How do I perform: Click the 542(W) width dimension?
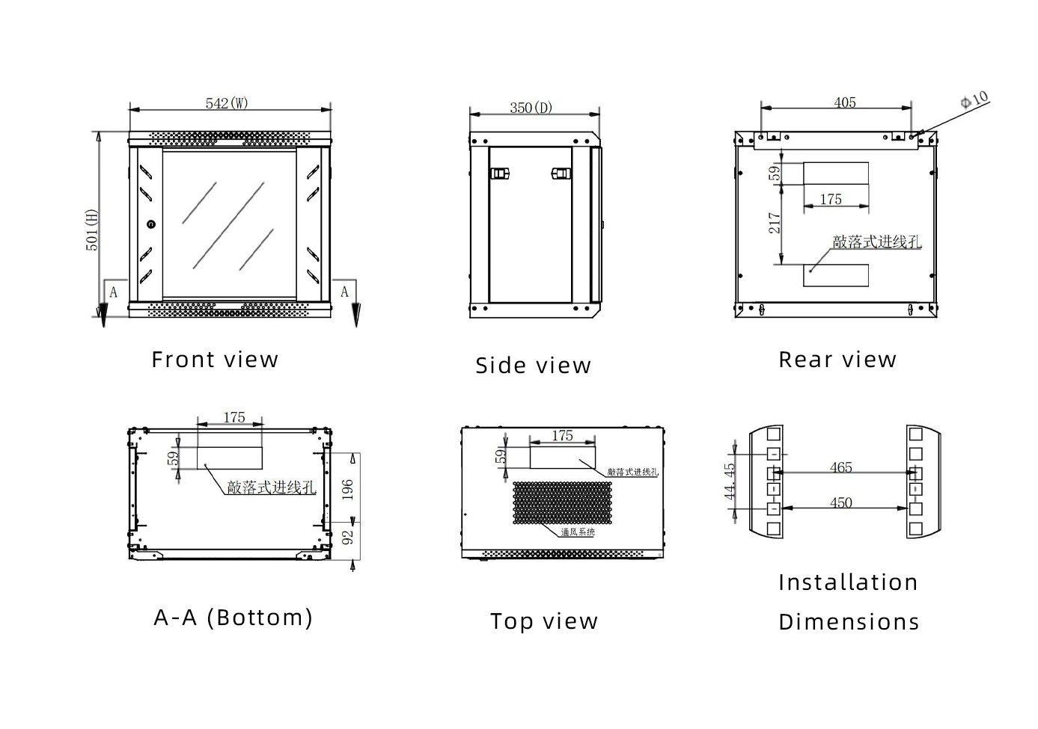tap(227, 103)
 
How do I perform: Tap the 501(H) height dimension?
tap(92, 230)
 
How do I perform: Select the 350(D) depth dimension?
tap(531, 108)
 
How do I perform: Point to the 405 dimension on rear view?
tap(844, 102)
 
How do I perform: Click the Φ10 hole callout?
tap(974, 100)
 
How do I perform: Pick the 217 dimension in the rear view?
tap(775, 223)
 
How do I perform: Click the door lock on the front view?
tap(151, 224)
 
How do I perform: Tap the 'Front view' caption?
tap(215, 360)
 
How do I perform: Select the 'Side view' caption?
tap(533, 366)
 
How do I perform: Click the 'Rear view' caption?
tap(837, 360)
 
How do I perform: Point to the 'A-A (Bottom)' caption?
tap(233, 617)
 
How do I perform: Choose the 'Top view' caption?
tap(544, 621)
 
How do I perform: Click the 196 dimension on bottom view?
tap(347, 489)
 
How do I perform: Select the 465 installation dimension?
tap(840, 467)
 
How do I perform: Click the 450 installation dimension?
tap(840, 502)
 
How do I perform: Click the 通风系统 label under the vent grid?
tap(578, 532)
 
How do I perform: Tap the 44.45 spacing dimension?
tap(730, 482)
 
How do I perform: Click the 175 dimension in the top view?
tap(562, 435)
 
